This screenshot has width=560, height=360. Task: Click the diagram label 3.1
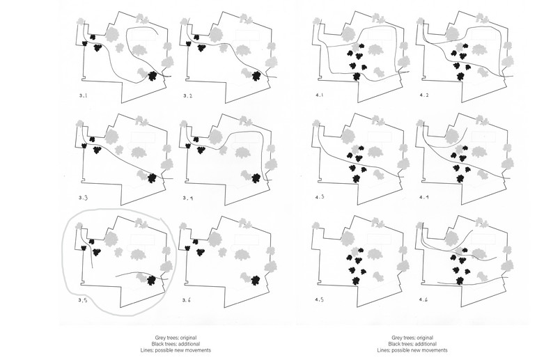[83, 95]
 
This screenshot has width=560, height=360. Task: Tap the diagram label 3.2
[188, 95]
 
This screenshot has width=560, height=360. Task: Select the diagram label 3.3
[83, 198]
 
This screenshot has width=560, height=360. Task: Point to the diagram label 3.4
[188, 198]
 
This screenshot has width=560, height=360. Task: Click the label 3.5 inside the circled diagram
[82, 300]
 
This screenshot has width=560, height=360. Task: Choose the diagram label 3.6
[187, 300]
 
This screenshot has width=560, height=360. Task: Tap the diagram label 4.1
[319, 95]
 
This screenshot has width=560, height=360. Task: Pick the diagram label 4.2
[424, 95]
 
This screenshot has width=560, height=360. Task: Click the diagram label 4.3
[320, 197]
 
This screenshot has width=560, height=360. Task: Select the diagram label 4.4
[424, 197]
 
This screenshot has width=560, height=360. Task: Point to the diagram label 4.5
[319, 299]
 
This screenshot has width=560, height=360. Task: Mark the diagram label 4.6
[423, 299]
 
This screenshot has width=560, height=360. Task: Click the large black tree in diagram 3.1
[153, 76]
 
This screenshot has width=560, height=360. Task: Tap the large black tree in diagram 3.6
[256, 281]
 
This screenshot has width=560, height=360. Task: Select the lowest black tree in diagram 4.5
[355, 281]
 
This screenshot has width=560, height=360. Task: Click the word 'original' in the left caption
[188, 338]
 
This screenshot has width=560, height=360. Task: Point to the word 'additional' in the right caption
[426, 344]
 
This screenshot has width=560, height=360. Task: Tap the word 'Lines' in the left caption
[146, 350]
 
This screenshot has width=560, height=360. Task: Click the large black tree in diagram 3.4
[256, 178]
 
